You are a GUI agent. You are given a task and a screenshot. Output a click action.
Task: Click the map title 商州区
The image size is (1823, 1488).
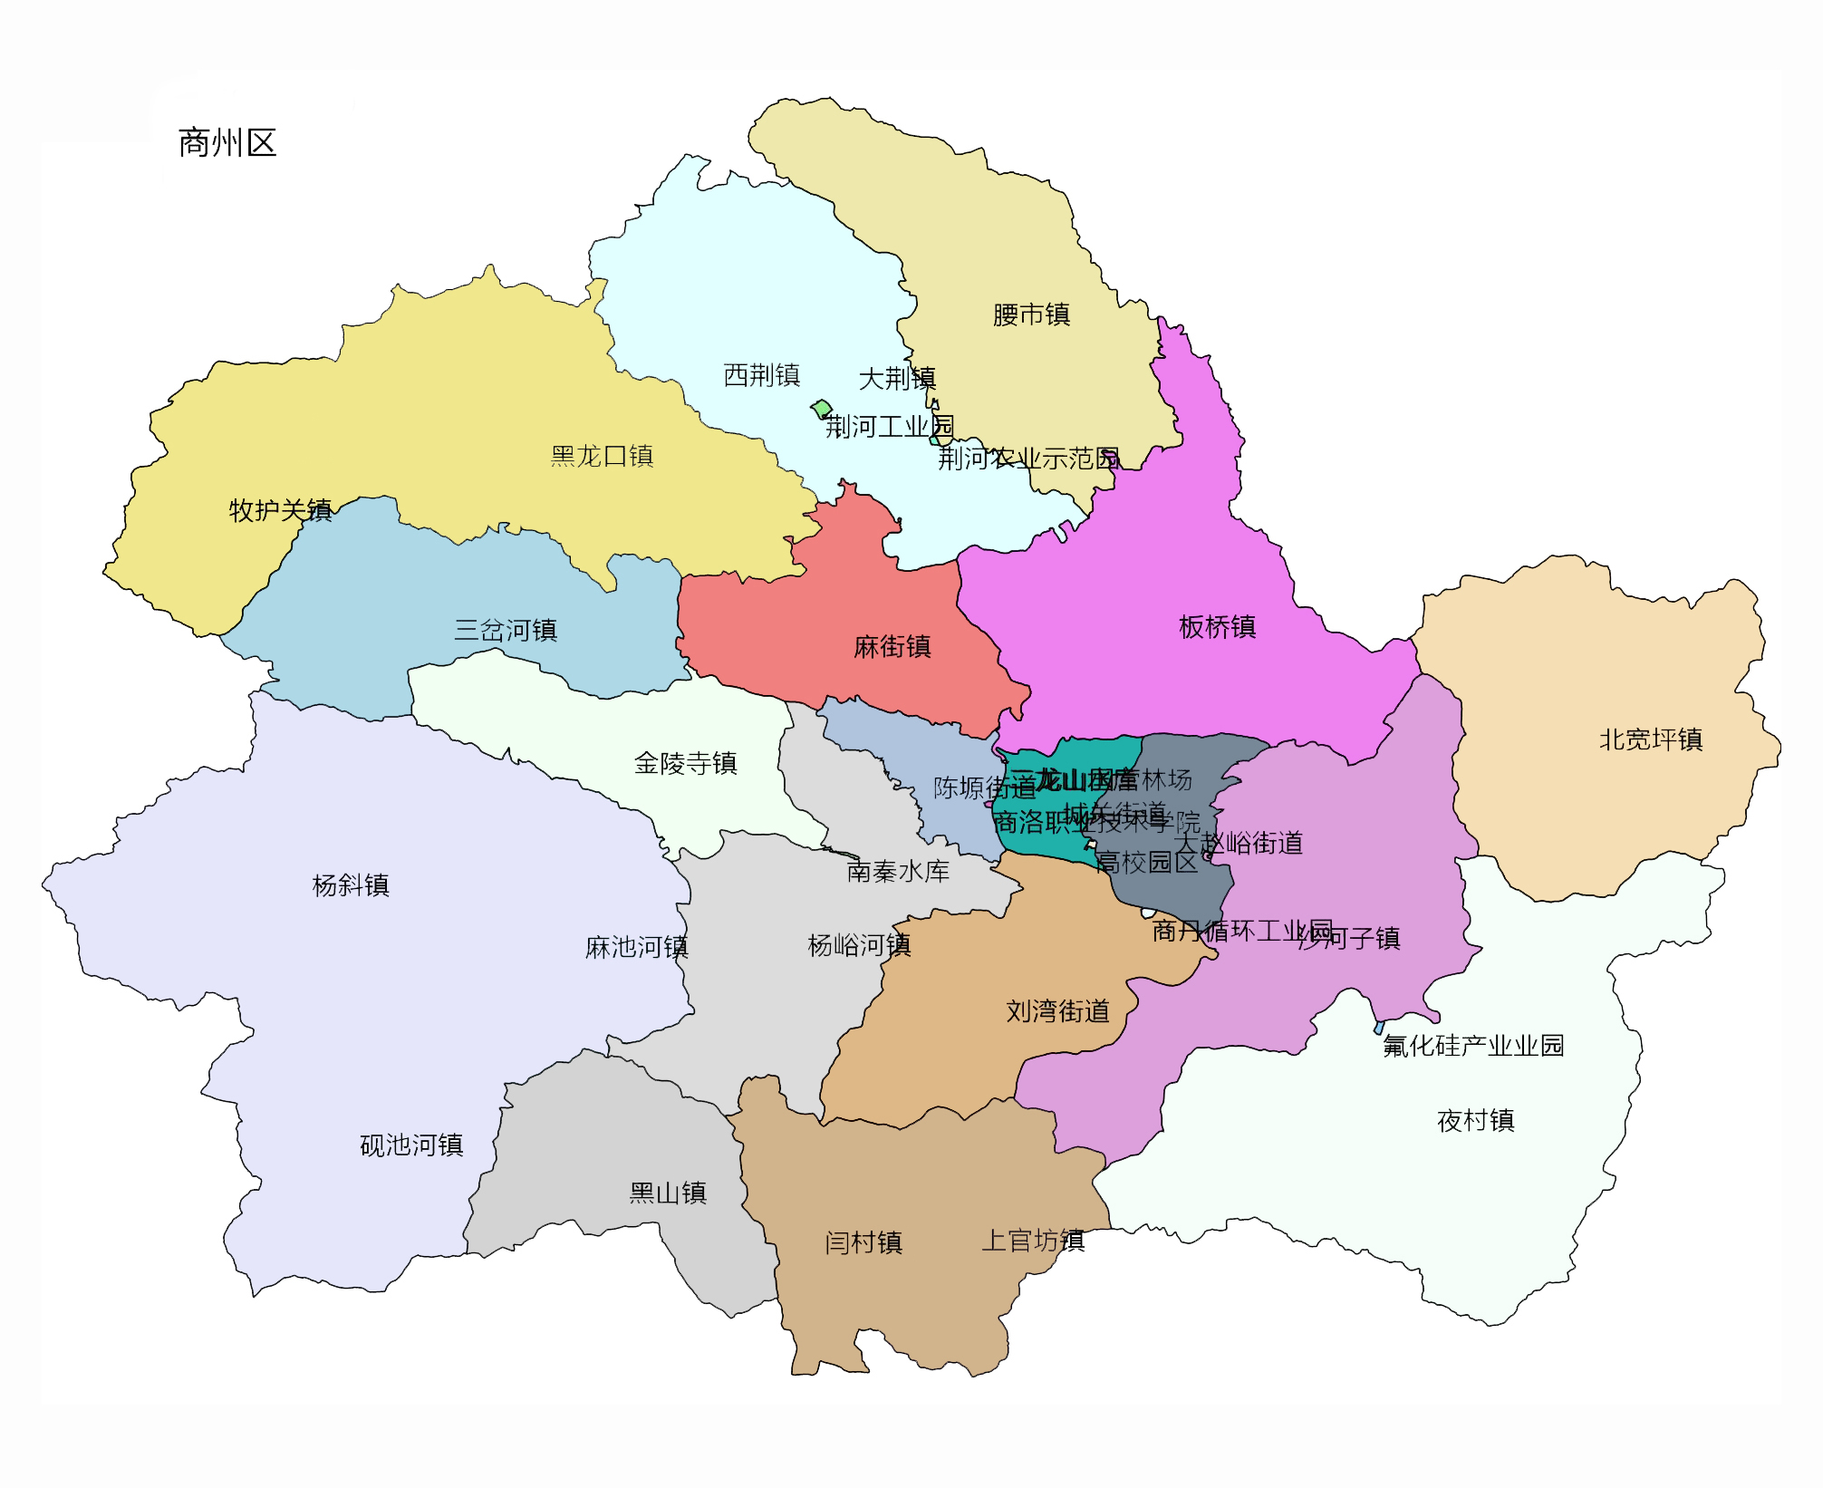(x=227, y=143)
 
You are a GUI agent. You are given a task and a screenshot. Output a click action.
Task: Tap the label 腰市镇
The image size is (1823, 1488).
(x=1031, y=314)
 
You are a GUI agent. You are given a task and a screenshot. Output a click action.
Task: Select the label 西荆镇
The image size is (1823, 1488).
(x=761, y=374)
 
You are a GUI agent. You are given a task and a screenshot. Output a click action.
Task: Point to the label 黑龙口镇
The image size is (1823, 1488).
(x=602, y=456)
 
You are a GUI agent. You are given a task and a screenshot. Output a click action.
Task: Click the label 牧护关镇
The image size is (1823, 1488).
(x=280, y=510)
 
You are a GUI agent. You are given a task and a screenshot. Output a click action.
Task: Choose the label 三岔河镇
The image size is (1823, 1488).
(x=505, y=630)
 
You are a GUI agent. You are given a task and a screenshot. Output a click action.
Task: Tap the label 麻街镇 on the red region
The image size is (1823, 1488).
(x=892, y=646)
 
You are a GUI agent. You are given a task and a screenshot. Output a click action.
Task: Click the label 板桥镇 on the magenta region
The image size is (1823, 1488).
(x=1217, y=626)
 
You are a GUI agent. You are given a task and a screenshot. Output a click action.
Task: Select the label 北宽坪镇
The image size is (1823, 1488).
(x=1650, y=739)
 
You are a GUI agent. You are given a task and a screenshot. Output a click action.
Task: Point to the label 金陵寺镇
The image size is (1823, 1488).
(x=685, y=763)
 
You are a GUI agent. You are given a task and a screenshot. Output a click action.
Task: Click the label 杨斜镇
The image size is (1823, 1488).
(x=350, y=884)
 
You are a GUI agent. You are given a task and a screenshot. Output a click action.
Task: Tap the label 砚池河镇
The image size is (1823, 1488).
(x=411, y=1145)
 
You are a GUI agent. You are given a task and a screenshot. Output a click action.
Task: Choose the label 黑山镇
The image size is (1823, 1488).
(x=668, y=1193)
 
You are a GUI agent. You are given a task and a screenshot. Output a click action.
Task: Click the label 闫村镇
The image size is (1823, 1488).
(x=863, y=1242)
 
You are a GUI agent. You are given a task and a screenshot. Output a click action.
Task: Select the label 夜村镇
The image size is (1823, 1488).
(x=1475, y=1120)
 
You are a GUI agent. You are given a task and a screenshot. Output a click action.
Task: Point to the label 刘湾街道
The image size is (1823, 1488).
(x=1057, y=1010)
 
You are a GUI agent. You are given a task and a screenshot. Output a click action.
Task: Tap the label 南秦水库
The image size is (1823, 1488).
(x=897, y=871)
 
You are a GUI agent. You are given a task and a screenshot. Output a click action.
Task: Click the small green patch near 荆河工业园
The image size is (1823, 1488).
(x=822, y=409)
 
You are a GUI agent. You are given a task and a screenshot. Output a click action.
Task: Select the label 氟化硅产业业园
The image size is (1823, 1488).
(x=1473, y=1045)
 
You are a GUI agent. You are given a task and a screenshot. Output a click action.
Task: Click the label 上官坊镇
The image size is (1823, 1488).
(x=1033, y=1240)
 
